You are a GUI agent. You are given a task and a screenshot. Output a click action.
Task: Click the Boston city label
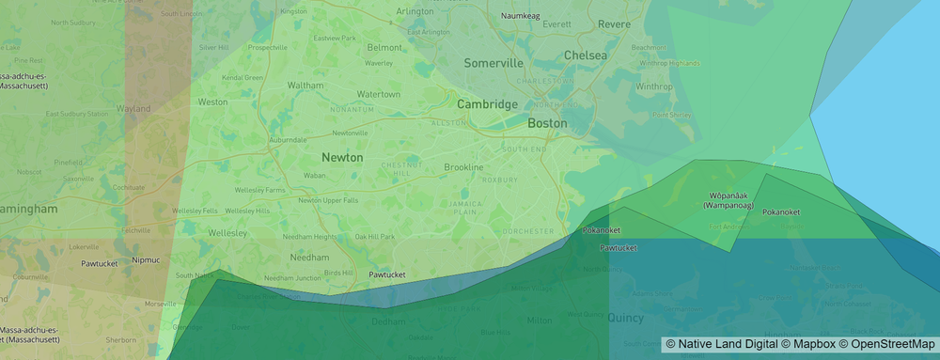pyautogui.click(x=547, y=123)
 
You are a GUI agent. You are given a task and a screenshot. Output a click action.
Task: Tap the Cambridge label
pyautogui.click(x=487, y=104)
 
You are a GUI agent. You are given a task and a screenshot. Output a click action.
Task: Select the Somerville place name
pyautogui.click(x=493, y=63)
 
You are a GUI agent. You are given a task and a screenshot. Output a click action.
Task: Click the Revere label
pyautogui.click(x=615, y=23)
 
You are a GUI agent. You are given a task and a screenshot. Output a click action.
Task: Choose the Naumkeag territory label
pyautogui.click(x=525, y=16)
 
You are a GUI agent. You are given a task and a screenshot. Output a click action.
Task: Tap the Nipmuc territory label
pyautogui.click(x=146, y=259)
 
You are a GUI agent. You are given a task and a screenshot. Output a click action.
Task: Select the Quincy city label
pyautogui.click(x=625, y=318)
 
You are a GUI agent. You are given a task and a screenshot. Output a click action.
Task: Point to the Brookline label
pyautogui.click(x=463, y=167)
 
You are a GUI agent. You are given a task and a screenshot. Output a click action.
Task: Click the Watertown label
pyautogui.click(x=379, y=94)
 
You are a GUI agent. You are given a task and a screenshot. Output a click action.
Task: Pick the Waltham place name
pyautogui.click(x=305, y=85)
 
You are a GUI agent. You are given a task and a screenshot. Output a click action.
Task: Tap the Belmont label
pyautogui.click(x=384, y=47)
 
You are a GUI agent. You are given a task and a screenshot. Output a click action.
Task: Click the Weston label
pyautogui.click(x=212, y=102)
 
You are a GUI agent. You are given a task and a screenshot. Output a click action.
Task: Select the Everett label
pyautogui.click(x=556, y=23)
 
